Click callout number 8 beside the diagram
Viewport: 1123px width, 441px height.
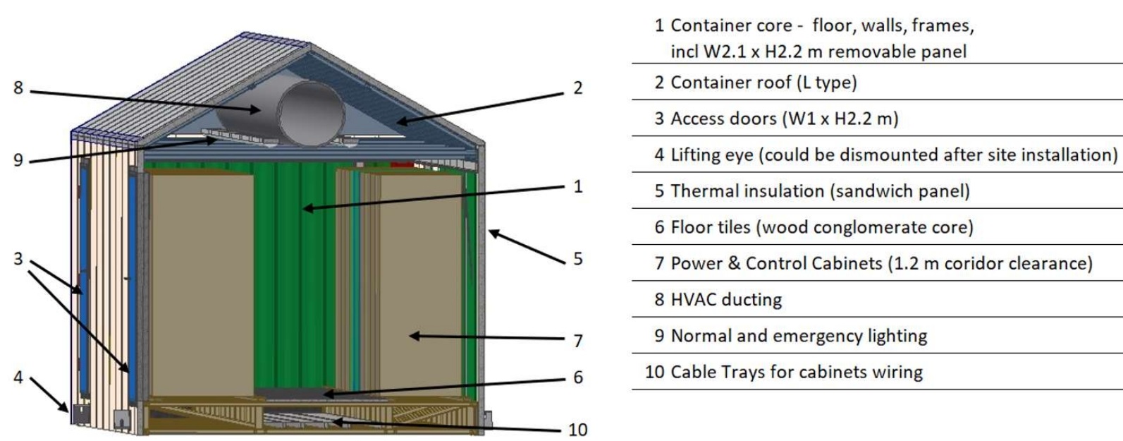click(x=18, y=89)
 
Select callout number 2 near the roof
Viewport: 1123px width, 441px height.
click(x=578, y=88)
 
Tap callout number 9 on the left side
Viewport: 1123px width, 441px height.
click(x=18, y=160)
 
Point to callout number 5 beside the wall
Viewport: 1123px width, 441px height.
click(x=578, y=259)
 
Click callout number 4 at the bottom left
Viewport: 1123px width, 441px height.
click(x=18, y=377)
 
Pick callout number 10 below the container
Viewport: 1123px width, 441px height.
click(x=577, y=430)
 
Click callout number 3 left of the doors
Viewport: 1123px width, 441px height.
click(x=18, y=259)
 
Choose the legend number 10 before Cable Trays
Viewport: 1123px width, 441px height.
click(x=653, y=372)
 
